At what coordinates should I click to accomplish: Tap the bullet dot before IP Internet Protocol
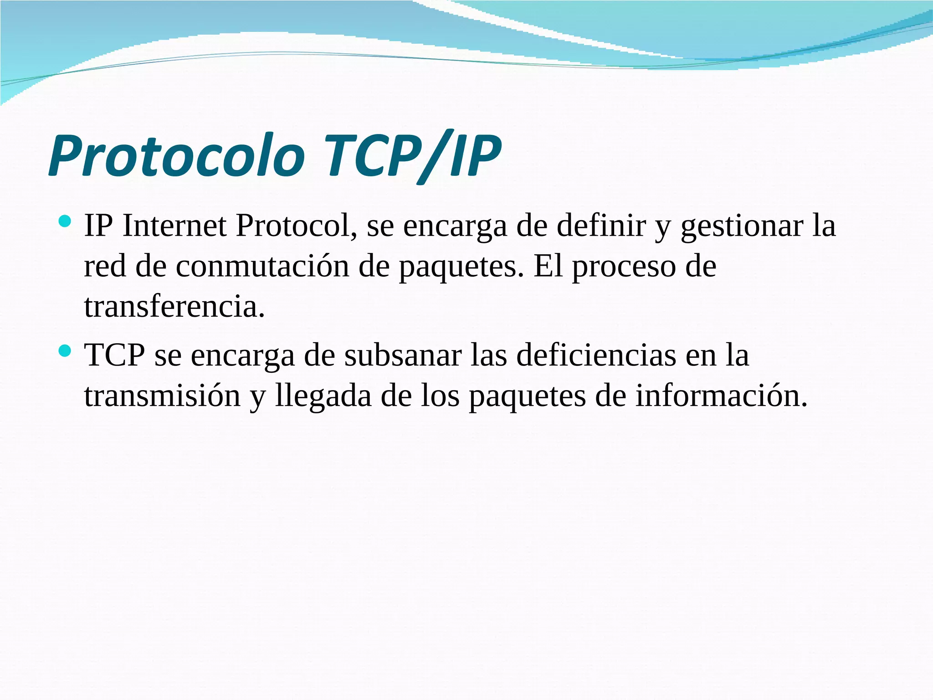(x=65, y=222)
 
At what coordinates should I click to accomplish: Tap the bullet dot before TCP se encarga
(x=65, y=351)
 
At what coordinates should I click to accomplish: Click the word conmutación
(x=262, y=266)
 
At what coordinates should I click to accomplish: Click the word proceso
(x=624, y=267)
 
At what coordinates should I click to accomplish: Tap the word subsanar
(x=403, y=355)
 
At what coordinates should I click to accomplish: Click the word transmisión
(x=162, y=396)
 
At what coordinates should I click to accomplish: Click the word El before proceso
(x=548, y=266)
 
